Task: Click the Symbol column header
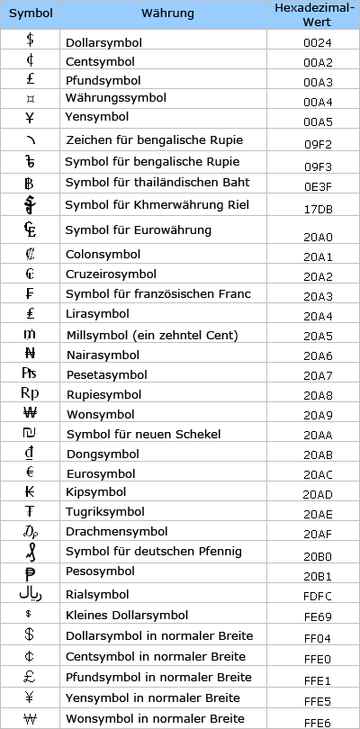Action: (31, 14)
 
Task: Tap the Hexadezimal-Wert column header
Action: (313, 14)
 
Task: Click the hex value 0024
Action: (313, 43)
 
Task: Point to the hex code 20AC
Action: (313, 475)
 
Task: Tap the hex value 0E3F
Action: (313, 186)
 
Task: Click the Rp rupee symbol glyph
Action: (30, 392)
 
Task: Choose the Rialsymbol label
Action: (98, 594)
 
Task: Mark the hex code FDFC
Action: (313, 596)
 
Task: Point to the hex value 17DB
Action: (313, 209)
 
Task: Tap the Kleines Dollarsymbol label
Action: (127, 616)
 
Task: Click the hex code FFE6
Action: (313, 721)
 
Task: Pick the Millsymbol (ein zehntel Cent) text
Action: (152, 336)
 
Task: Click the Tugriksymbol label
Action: (103, 513)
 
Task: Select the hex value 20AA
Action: (313, 435)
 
